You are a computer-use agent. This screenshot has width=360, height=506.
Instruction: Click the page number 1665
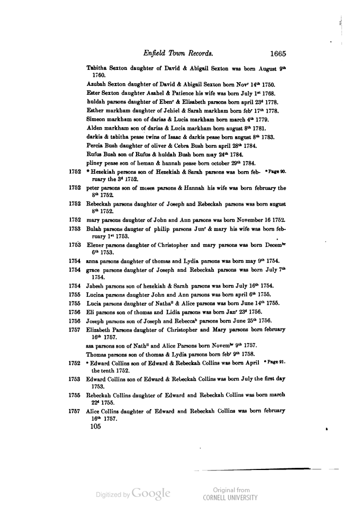click(x=277, y=53)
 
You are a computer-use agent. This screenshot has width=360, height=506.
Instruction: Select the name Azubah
click(x=96, y=84)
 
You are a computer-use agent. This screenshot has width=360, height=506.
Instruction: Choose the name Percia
click(x=95, y=145)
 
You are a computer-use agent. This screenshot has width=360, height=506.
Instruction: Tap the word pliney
click(x=94, y=162)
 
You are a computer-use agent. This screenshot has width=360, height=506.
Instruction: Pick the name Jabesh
click(x=96, y=286)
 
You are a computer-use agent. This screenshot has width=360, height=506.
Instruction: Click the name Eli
click(x=91, y=312)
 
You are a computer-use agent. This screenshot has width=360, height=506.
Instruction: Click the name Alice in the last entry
click(x=93, y=411)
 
